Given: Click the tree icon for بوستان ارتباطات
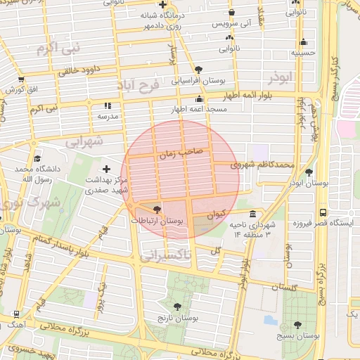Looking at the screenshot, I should (156, 209).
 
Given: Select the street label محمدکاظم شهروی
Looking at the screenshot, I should (264, 165).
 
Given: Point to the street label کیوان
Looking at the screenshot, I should (217, 212).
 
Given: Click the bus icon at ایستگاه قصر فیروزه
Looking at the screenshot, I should (323, 212).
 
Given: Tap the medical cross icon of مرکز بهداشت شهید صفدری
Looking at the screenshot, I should (106, 169).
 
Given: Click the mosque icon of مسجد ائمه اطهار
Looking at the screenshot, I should (200, 99).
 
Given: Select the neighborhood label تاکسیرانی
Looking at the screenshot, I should (165, 257).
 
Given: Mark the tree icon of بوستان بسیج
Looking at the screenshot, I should (297, 325).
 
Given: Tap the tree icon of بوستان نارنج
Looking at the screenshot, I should (178, 307).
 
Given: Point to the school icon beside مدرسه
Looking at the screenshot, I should (108, 105).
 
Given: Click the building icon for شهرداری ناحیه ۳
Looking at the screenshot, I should (252, 214).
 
